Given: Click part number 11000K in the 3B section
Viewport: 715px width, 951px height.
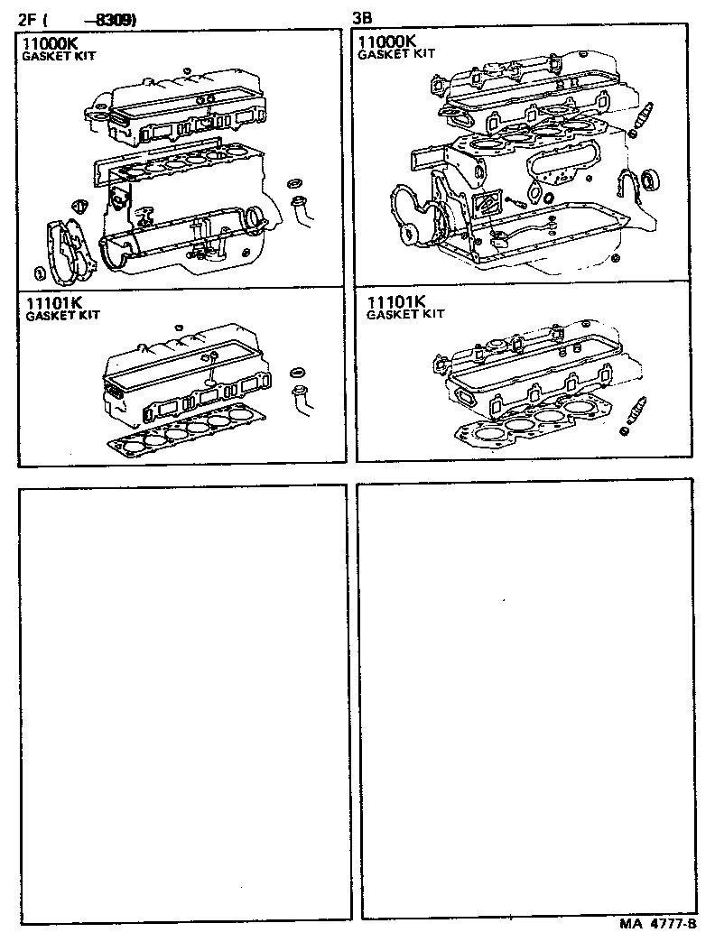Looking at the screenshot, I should point(386,42).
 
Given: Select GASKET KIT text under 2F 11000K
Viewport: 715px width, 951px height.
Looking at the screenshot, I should point(60,55).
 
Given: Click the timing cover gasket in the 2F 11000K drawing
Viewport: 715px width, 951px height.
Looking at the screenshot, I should point(65,248).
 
